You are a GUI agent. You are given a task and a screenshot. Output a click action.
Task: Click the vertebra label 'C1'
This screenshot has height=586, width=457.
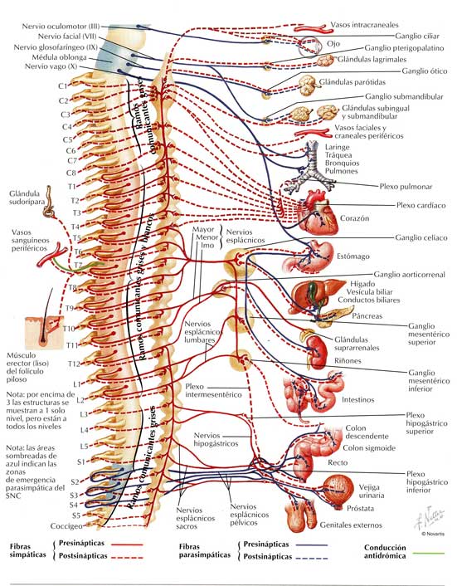click(x=63, y=86)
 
